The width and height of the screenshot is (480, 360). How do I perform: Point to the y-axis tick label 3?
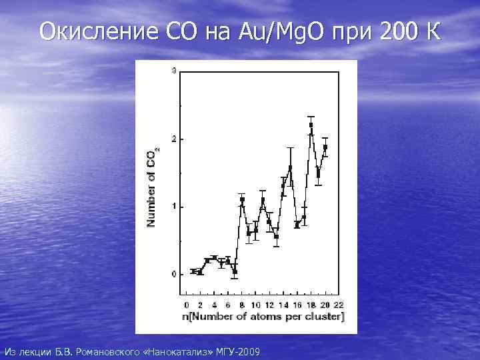[174, 71]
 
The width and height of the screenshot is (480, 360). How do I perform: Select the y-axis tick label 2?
[174, 139]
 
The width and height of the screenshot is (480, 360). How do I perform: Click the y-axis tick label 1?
[174, 207]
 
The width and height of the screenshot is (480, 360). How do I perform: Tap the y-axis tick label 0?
[174, 274]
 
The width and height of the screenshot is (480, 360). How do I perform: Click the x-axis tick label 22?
[338, 305]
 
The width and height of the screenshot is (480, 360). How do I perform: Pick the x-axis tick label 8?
[241, 305]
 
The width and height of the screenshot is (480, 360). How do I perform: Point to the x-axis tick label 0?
[186, 305]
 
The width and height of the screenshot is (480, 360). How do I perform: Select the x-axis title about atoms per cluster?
[261, 316]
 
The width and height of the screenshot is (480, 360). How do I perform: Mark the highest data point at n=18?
[311, 125]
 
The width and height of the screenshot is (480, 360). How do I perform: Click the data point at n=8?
[242, 199]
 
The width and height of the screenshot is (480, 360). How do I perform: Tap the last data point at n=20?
[325, 147]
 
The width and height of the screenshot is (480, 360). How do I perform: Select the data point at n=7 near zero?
[235, 271]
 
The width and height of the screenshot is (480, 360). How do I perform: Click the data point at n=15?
[290, 167]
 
